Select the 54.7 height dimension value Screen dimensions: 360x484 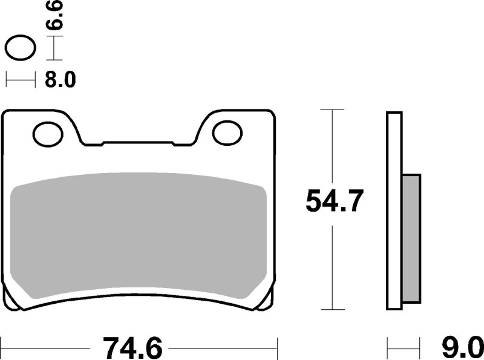pyautogui.click(x=334, y=201)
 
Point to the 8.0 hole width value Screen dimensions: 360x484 pyautogui.click(x=60, y=80)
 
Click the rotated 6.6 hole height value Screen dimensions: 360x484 pyautogui.click(x=56, y=16)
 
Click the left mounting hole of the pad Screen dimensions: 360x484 pyautogui.click(x=48, y=133)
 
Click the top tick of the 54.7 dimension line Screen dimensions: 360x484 pyautogui.click(x=332, y=110)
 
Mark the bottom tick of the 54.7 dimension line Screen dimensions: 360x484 pyautogui.click(x=332, y=310)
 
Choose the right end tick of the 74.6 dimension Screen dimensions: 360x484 pyautogui.click(x=277, y=348)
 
